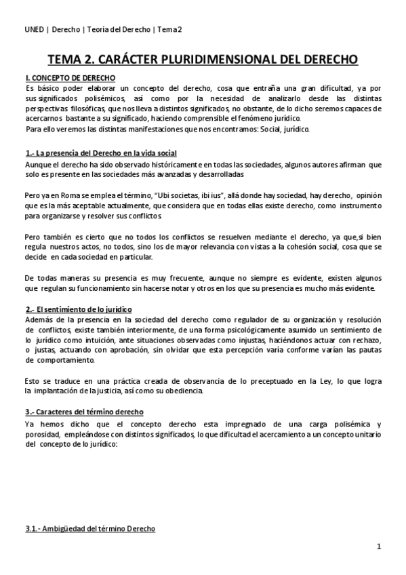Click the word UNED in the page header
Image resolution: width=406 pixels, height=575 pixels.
34,29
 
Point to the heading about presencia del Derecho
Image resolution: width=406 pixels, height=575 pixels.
101,153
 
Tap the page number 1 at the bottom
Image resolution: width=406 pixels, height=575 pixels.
380,547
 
